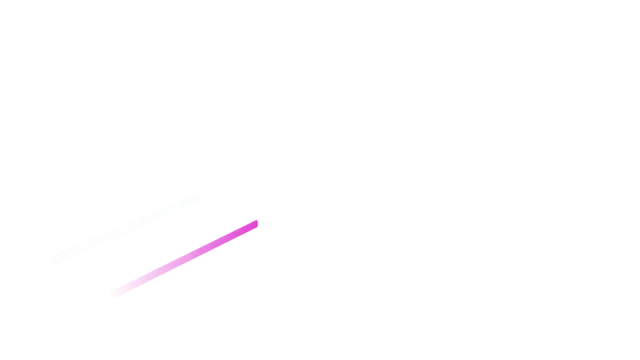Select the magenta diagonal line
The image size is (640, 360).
184,258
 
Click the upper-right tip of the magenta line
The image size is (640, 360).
256,223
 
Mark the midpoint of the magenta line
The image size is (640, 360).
184,258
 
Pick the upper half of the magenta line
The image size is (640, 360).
220,240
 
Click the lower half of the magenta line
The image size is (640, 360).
147,277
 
